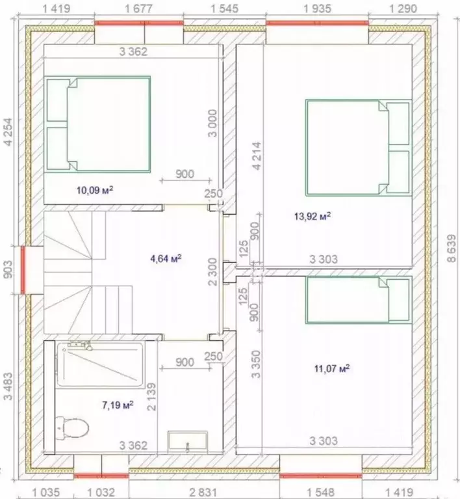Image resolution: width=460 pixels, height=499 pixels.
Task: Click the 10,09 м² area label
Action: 95,191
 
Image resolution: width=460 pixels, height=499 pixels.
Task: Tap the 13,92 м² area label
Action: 313,217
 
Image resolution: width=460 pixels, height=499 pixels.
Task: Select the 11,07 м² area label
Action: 332,368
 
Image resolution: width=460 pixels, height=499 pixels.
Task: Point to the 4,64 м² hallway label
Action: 166,258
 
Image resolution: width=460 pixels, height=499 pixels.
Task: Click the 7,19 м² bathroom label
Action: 118,405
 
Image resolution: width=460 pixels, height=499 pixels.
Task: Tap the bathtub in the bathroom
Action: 100,365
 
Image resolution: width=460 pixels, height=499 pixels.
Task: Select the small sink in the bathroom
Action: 188,442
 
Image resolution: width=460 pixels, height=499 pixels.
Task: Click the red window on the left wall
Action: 23,270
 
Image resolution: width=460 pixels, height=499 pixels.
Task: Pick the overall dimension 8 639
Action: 452,249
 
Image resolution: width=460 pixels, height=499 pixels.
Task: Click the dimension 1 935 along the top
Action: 317,8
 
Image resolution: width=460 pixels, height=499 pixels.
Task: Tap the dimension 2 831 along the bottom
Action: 203,492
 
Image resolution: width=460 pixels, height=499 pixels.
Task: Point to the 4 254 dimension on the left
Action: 8,132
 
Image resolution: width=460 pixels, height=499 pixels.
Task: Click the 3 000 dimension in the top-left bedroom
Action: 212,123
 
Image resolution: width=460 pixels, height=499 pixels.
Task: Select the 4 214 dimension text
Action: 257,155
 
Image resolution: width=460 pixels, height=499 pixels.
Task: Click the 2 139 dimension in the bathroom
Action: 151,396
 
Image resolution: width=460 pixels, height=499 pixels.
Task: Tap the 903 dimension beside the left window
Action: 8,269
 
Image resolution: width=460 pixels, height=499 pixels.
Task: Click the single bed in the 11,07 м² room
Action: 359,300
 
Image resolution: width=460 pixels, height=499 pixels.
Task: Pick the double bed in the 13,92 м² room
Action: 359,147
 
